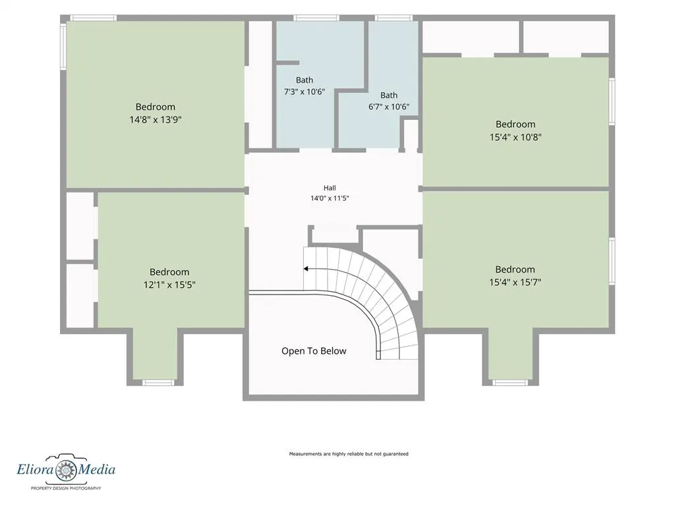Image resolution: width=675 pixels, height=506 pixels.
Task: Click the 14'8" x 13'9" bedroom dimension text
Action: [156, 119]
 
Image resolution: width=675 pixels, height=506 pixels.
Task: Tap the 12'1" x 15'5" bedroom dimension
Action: [169, 285]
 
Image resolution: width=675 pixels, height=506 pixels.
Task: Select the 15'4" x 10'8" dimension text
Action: [515, 137]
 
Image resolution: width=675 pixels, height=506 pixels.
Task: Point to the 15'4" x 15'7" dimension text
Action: [515, 282]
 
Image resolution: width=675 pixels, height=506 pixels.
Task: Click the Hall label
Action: [330, 188]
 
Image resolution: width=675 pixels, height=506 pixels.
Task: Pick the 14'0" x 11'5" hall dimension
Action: [330, 198]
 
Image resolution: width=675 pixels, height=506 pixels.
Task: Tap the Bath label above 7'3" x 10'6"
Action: [305, 80]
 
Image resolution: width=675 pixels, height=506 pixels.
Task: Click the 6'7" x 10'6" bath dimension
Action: [389, 107]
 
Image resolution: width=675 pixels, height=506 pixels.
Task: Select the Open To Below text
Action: [314, 351]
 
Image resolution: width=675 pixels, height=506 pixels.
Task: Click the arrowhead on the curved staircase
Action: [306, 269]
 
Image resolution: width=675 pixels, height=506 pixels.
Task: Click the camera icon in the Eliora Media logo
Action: [67, 468]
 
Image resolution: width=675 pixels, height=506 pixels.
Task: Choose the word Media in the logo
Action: [96, 468]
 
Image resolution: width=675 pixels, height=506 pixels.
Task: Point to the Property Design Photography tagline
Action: [66, 488]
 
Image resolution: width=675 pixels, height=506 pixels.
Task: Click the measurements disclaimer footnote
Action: [349, 454]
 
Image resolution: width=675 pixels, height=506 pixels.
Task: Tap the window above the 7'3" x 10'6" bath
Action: [316, 18]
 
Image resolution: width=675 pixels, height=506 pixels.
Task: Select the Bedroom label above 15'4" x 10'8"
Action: [515, 125]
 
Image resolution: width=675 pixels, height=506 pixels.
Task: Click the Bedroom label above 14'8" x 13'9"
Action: [156, 107]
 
